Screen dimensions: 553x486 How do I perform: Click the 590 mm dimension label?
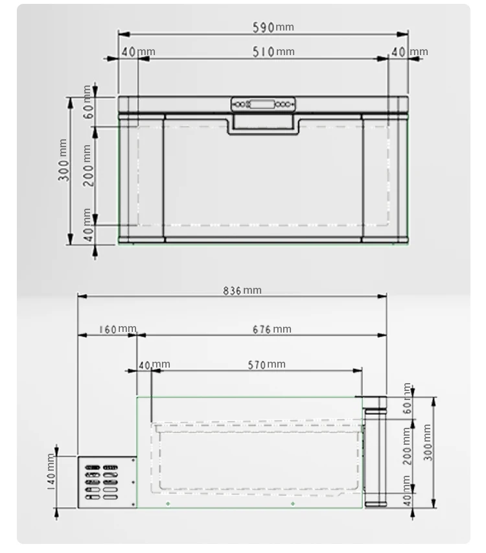273,27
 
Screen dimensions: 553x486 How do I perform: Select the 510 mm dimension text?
273,52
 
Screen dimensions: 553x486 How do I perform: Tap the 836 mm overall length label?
242,290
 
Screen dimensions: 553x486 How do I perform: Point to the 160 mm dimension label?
117,329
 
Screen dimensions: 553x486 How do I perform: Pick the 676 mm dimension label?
272,329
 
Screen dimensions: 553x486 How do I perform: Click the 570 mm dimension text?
266,365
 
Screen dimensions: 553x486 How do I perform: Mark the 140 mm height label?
52,472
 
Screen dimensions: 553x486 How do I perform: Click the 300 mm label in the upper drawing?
64,160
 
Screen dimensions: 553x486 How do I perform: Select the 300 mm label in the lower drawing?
427,442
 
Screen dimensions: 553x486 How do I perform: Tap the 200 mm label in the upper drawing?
88,165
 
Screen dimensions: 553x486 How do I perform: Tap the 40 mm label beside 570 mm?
154,365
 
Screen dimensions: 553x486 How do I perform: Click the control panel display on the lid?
262,104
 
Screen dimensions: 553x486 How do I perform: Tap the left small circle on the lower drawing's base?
168,504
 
